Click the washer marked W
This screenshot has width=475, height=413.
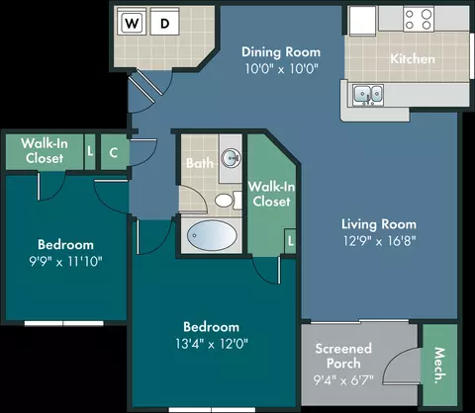[x=132, y=22]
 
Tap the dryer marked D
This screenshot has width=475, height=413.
[x=165, y=22]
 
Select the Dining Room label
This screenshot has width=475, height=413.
[x=281, y=52]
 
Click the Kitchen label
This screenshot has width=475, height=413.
[x=413, y=59]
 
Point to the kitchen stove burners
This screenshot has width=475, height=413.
[x=419, y=19]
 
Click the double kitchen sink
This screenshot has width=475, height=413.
[x=368, y=95]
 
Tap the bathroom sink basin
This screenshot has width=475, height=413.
[x=231, y=158]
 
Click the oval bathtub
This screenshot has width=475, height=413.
[x=212, y=235]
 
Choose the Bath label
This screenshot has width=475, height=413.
[x=200, y=163]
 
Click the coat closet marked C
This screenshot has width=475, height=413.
[x=114, y=152]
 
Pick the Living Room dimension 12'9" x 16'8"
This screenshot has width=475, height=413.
[x=379, y=241]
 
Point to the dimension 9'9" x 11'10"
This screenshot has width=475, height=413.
[x=65, y=262]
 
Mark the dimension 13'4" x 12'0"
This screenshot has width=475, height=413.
[x=212, y=344]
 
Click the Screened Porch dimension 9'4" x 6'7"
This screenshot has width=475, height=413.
[x=343, y=380]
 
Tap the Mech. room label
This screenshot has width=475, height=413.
[x=439, y=366]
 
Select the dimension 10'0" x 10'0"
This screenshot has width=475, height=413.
[x=281, y=69]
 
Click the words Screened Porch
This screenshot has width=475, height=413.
[x=343, y=356]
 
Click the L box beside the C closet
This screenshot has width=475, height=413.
[x=90, y=151]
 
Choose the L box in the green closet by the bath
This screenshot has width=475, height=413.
[x=290, y=241]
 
